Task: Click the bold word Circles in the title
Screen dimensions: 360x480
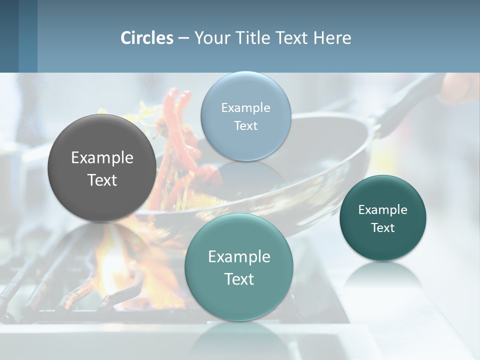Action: (147, 38)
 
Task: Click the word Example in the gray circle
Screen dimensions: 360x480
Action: (102, 158)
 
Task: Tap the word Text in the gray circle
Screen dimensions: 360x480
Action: (102, 180)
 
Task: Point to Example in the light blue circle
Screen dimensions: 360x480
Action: (245, 108)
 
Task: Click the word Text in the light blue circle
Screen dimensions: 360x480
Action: (245, 125)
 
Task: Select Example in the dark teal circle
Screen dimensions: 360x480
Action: (383, 210)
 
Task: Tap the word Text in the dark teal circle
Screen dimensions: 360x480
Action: (383, 227)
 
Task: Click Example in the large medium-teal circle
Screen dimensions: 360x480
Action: (239, 257)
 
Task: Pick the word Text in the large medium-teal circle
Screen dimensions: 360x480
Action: (239, 279)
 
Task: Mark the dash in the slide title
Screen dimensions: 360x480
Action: (183, 38)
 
